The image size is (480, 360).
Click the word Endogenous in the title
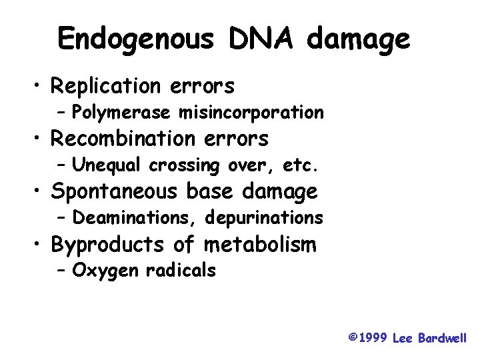[x=137, y=39]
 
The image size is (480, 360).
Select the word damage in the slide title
[x=359, y=41]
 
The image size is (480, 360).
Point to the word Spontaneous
[x=114, y=193]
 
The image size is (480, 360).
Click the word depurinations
[x=265, y=218]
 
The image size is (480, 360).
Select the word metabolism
[x=260, y=245]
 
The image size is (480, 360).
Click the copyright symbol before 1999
[x=352, y=337]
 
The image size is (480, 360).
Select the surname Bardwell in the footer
[x=443, y=338]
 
